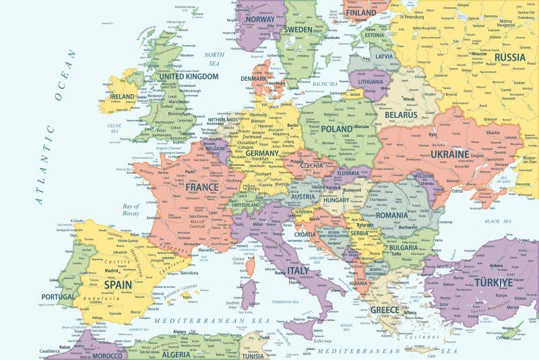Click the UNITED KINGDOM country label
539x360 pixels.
coord(189,77)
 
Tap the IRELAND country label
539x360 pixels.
coord(123,97)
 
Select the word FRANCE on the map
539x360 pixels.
coord(201,187)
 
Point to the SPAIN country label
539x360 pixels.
coord(117,284)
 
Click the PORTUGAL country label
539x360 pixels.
coord(58,296)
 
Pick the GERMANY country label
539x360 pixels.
coord(262,153)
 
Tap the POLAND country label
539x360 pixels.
coord(336,129)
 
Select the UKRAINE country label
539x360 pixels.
coord(449,154)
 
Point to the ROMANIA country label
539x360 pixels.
coord(391,215)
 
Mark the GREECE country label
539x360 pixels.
coord(384,309)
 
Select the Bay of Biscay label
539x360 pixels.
coord(131,209)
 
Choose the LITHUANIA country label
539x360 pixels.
coord(370,82)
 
